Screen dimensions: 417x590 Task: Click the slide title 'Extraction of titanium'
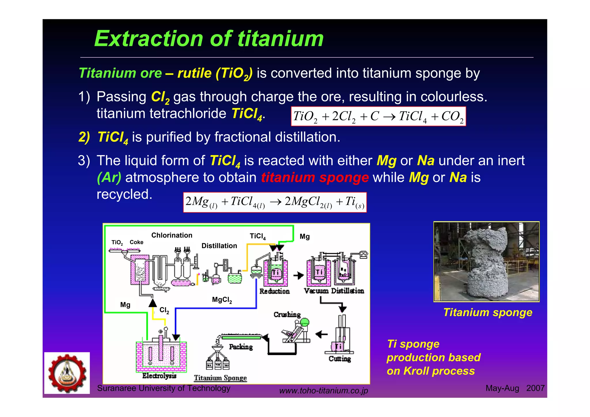pos(209,39)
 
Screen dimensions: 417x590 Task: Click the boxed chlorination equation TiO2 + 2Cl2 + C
pos(378,116)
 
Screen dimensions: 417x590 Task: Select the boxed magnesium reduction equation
pos(275,202)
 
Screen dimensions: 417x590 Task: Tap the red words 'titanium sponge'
pos(315,178)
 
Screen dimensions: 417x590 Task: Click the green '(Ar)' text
pos(109,178)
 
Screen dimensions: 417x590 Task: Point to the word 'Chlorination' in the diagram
pos(172,235)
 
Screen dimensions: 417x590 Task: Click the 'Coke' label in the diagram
pos(136,242)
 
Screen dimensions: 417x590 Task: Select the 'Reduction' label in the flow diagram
pos(274,291)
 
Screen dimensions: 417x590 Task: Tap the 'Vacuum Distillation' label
pos(334,291)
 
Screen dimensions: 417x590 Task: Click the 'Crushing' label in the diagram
pos(287,314)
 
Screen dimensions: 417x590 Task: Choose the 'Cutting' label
pos(340,359)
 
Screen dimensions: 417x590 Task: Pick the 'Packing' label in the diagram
pos(241,347)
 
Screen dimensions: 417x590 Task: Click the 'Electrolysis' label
pos(159,376)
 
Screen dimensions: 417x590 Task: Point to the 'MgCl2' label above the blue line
pos(222,300)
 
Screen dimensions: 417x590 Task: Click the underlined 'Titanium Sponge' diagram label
pos(220,378)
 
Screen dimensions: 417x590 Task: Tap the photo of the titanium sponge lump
pos(486,261)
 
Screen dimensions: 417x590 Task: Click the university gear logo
pos(67,373)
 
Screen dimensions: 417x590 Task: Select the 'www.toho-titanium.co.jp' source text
pos(324,391)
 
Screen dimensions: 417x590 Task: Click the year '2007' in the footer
pos(535,388)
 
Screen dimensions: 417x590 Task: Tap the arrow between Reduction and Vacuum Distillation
pos(298,276)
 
